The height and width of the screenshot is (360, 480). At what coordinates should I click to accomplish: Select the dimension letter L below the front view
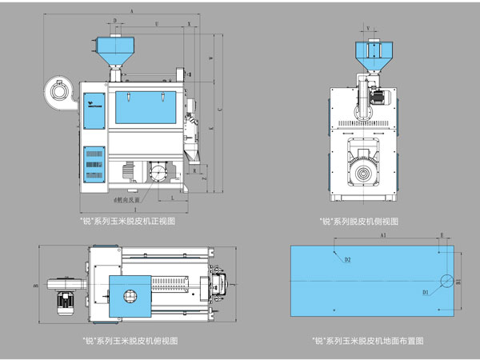(x=172, y=195)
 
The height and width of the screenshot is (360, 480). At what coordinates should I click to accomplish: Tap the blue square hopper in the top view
(x=128, y=295)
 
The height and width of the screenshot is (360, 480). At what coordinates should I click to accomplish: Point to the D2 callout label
(x=347, y=260)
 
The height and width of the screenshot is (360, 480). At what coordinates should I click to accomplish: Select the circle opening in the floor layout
(x=446, y=281)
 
